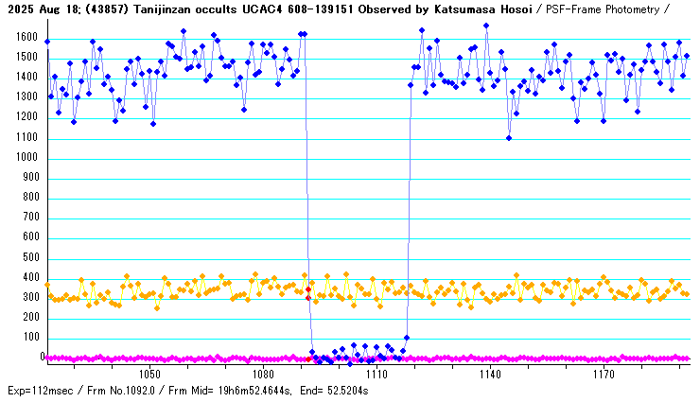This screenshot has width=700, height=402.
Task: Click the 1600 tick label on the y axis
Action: point(21,36)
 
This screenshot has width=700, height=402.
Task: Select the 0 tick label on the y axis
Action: point(43,358)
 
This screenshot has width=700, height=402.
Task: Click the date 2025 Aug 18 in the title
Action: point(44,9)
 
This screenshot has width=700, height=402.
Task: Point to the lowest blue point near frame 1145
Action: point(509,138)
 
